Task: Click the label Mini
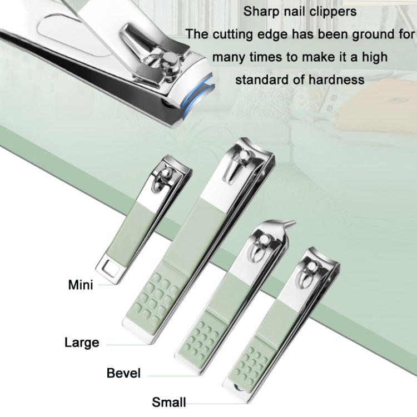click(x=81, y=285)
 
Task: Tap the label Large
click(x=82, y=342)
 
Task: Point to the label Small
click(x=169, y=402)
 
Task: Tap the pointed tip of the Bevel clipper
click(x=292, y=225)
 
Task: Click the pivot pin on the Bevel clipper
click(x=266, y=240)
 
